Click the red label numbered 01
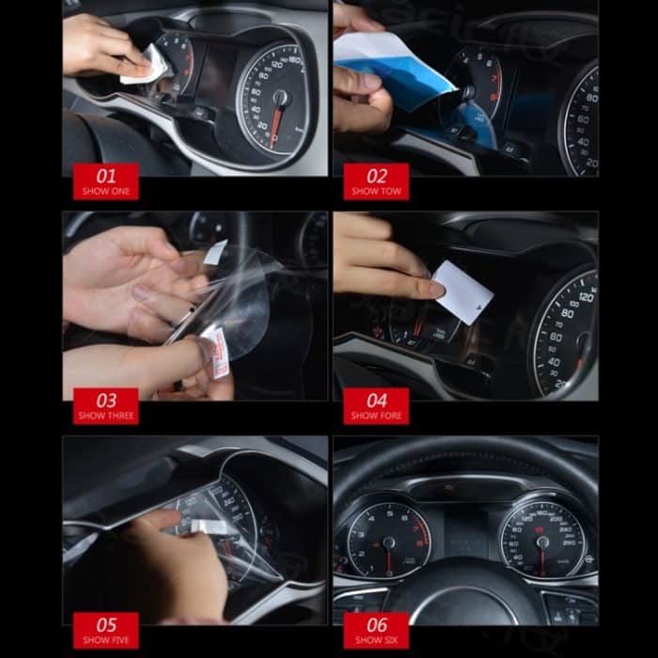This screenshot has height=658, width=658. (105, 181)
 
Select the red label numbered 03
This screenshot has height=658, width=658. (105, 406)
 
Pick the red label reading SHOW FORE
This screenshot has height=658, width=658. (376, 406)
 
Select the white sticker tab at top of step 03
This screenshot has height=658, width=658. (214, 252)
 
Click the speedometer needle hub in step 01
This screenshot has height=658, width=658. (279, 97)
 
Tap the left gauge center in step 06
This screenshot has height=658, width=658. (388, 542)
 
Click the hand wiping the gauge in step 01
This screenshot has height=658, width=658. (103, 47)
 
